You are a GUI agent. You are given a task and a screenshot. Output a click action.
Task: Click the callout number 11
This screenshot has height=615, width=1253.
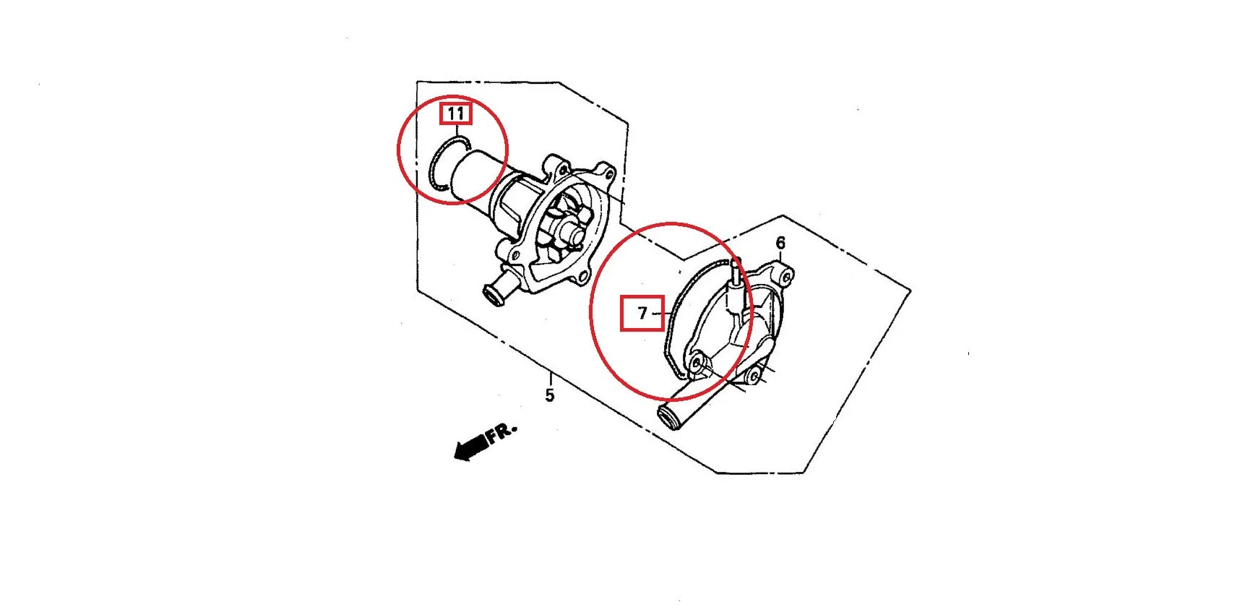pyautogui.click(x=455, y=113)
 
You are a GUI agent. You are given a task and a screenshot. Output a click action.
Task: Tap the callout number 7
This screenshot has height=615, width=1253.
pyautogui.click(x=642, y=314)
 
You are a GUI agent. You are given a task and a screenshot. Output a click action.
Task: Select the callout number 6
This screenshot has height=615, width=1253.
pyautogui.click(x=780, y=243)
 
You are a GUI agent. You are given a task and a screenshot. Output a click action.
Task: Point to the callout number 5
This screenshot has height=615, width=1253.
pyautogui.click(x=550, y=395)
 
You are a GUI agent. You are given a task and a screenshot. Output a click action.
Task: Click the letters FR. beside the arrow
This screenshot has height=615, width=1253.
pyautogui.click(x=501, y=434)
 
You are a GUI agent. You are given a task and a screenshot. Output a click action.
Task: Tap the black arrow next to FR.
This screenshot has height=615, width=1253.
pyautogui.click(x=470, y=447)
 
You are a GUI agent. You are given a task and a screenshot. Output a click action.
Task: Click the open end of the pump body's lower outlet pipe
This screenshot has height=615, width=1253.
pyautogui.click(x=494, y=295)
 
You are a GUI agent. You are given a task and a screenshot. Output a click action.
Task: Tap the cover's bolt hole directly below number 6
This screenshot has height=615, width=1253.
pyautogui.click(x=785, y=275)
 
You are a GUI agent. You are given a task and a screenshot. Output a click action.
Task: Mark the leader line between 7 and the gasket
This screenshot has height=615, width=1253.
pyautogui.click(x=658, y=314)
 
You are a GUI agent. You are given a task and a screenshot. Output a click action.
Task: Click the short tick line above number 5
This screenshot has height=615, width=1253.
pyautogui.click(x=550, y=379)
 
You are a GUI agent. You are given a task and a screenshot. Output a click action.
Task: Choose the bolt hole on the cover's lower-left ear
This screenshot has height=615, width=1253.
pyautogui.click(x=697, y=362)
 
